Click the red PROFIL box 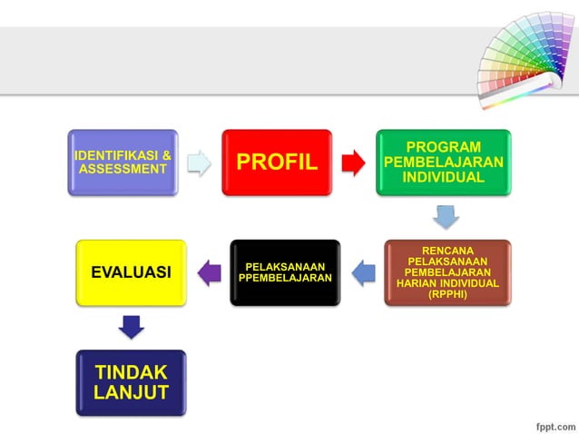click(277, 163)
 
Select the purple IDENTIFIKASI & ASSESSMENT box click(123, 163)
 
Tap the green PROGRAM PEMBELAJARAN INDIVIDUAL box click(444, 163)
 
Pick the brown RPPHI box click(447, 272)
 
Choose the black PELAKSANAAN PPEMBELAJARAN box click(285, 272)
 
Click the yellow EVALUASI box click(131, 272)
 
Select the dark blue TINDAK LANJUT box click(131, 382)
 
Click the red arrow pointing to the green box click(353, 163)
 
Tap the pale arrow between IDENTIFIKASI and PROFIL click(199, 163)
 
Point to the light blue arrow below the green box click(445, 217)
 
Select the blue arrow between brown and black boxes click(362, 271)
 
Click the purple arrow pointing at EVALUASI click(209, 271)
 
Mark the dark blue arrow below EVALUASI click(132, 326)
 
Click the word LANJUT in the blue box click(131, 392)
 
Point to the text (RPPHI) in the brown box click(447, 294)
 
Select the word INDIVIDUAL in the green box click(444, 176)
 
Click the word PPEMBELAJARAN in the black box click(285, 278)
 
